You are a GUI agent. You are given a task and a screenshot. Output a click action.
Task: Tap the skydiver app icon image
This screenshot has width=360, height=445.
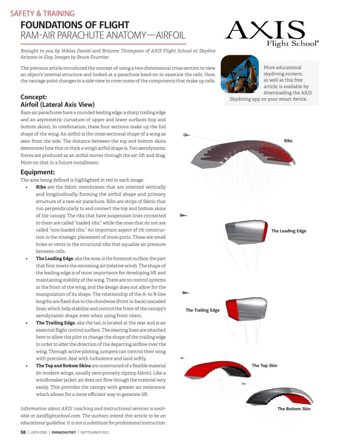240,74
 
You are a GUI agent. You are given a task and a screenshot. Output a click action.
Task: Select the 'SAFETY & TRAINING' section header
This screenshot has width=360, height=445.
42,13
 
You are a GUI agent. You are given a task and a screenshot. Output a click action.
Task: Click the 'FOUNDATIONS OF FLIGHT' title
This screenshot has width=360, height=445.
75,25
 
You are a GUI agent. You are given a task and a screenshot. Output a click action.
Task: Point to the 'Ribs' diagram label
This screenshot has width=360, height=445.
288,141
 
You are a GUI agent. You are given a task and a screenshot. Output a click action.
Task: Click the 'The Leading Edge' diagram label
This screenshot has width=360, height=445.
288,231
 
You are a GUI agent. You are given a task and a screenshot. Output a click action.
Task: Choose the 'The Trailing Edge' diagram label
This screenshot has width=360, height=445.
202,310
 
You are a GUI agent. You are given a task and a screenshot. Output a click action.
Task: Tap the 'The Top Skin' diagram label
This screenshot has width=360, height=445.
264,365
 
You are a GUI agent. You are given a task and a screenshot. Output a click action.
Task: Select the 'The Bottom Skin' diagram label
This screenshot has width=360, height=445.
294,408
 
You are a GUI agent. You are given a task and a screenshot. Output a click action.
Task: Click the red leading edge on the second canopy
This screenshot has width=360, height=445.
264,232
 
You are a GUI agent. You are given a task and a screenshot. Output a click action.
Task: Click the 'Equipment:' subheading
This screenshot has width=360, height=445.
37,172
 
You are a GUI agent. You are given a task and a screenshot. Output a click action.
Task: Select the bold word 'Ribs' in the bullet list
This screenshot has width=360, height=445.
41,186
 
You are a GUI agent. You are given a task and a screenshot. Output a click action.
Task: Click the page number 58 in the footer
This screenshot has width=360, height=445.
23,432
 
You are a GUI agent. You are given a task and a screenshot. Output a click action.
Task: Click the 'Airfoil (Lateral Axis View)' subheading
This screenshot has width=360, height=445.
58,104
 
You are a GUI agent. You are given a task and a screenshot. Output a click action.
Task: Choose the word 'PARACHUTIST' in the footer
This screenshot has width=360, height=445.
64,432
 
